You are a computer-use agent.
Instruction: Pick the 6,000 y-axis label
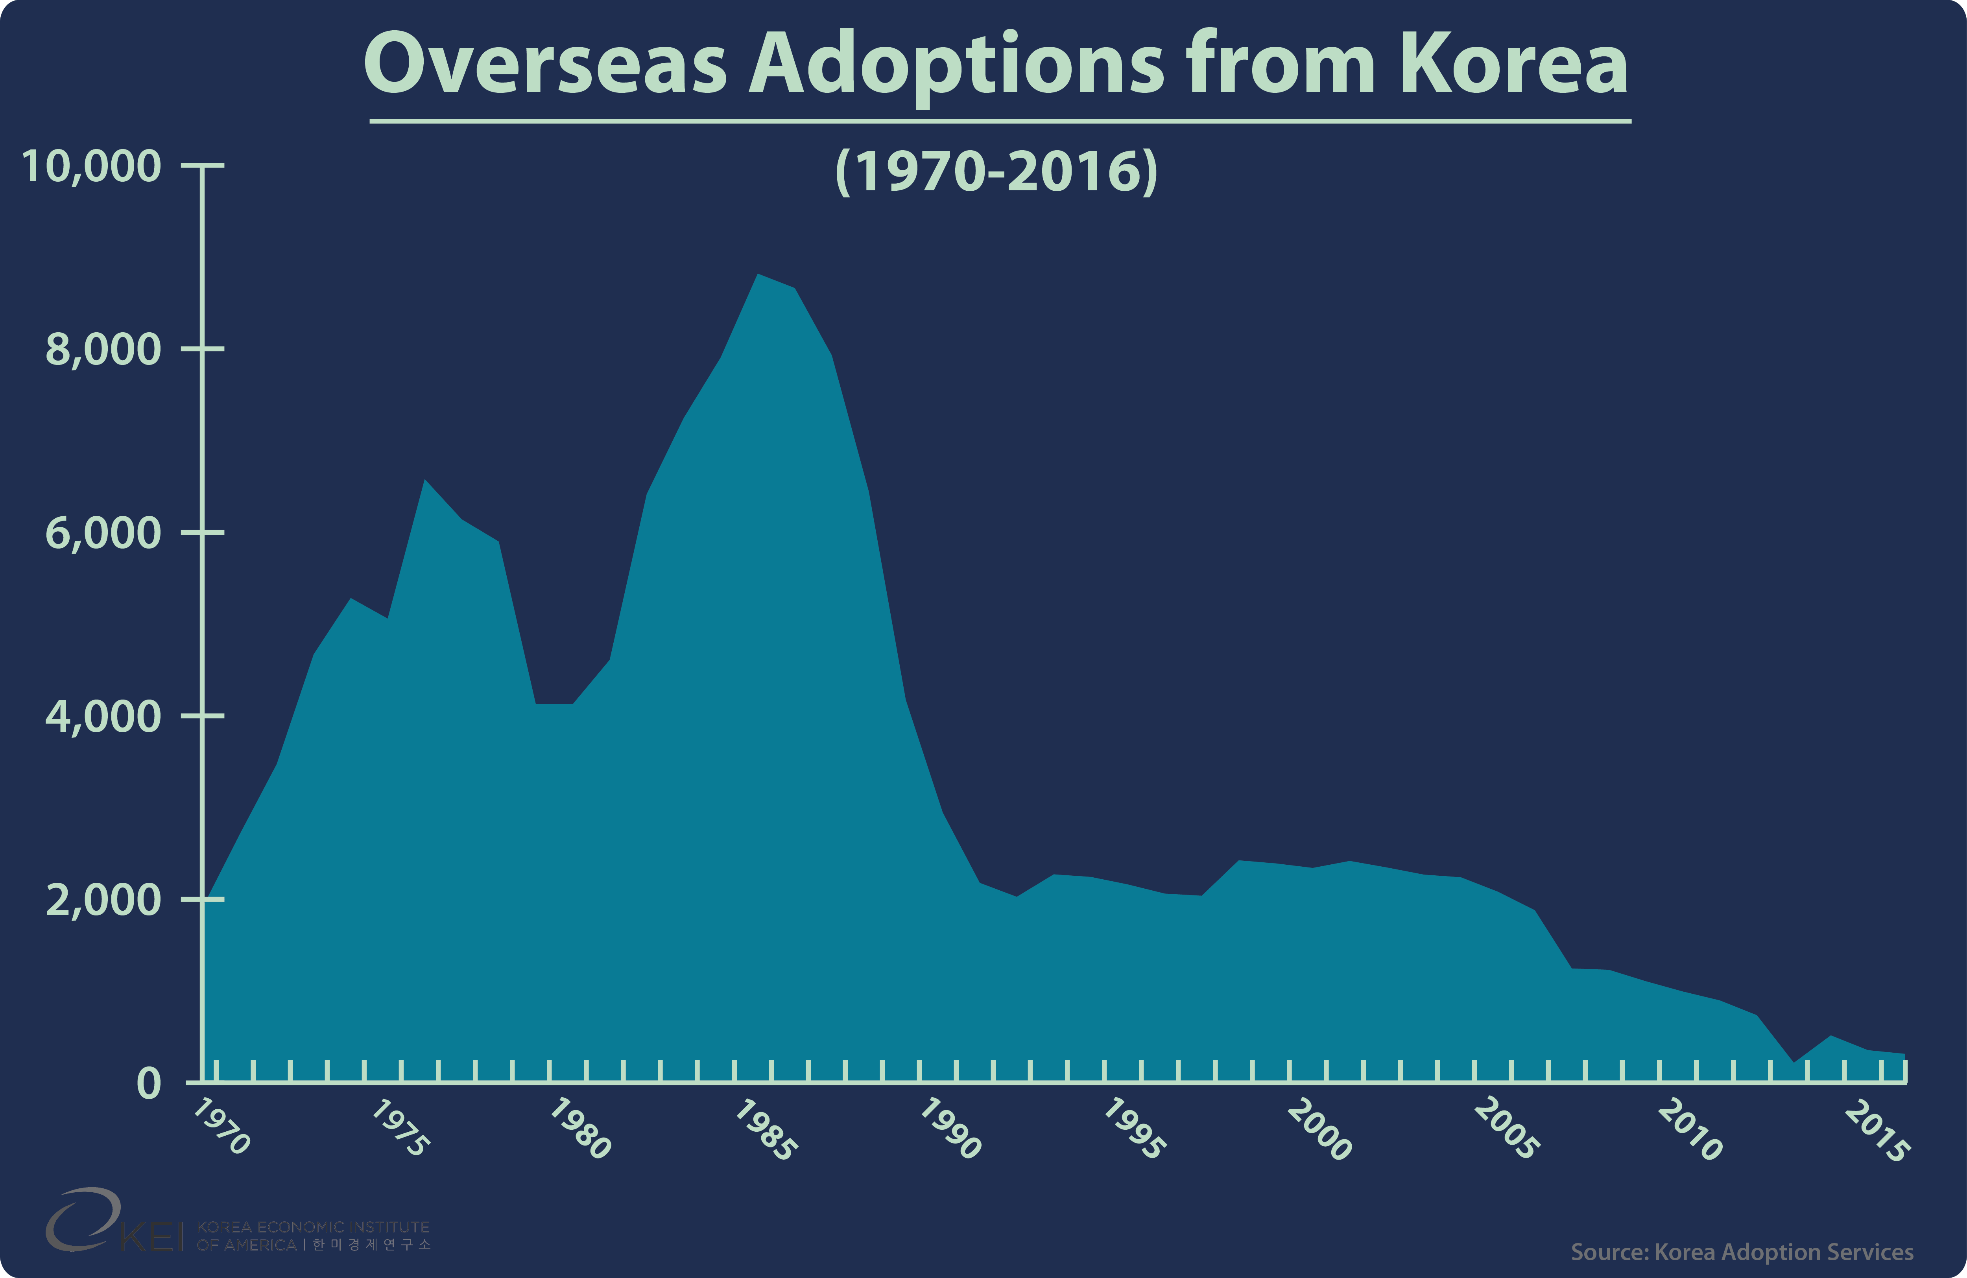click(x=103, y=533)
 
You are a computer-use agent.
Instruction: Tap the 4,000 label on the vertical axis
click(x=103, y=716)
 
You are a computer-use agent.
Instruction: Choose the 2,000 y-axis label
click(x=103, y=900)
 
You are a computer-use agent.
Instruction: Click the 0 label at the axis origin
click(x=149, y=1083)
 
